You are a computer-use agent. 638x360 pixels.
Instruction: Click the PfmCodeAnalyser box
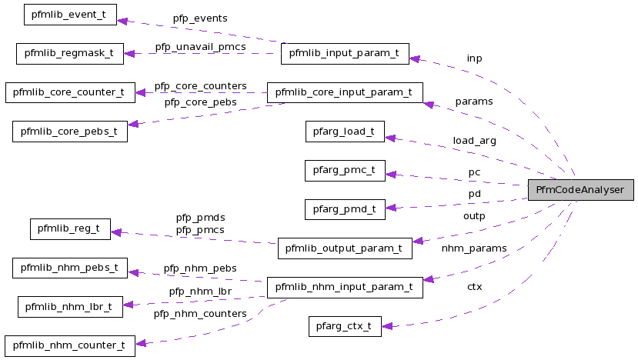(580, 189)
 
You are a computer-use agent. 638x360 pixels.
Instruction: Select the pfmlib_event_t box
(70, 15)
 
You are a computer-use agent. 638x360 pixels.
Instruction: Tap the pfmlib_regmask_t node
(70, 54)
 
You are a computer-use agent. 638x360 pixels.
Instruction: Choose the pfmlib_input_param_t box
(344, 54)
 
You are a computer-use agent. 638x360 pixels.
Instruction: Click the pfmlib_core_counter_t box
(70, 92)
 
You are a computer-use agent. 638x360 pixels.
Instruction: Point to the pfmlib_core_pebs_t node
(70, 132)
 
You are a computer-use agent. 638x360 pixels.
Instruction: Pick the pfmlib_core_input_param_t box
(344, 92)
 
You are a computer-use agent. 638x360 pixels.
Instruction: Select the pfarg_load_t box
(344, 132)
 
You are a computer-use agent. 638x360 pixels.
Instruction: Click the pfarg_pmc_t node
(344, 170)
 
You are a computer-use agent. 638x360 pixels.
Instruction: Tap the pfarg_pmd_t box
(344, 208)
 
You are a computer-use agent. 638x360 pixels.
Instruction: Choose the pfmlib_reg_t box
(70, 228)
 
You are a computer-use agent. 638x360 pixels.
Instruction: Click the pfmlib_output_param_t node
(344, 248)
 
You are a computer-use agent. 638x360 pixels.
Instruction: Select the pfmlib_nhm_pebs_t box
(70, 268)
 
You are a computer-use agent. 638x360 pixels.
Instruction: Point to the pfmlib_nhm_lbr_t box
(70, 306)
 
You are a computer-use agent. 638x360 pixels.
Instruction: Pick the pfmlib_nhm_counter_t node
(70, 345)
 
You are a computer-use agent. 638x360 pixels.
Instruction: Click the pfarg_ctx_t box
(344, 325)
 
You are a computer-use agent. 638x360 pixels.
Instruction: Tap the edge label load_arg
(474, 141)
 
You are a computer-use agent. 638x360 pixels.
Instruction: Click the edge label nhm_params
(474, 248)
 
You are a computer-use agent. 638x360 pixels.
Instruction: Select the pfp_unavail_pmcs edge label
(201, 47)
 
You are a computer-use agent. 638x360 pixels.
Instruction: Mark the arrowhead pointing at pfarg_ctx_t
(387, 326)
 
